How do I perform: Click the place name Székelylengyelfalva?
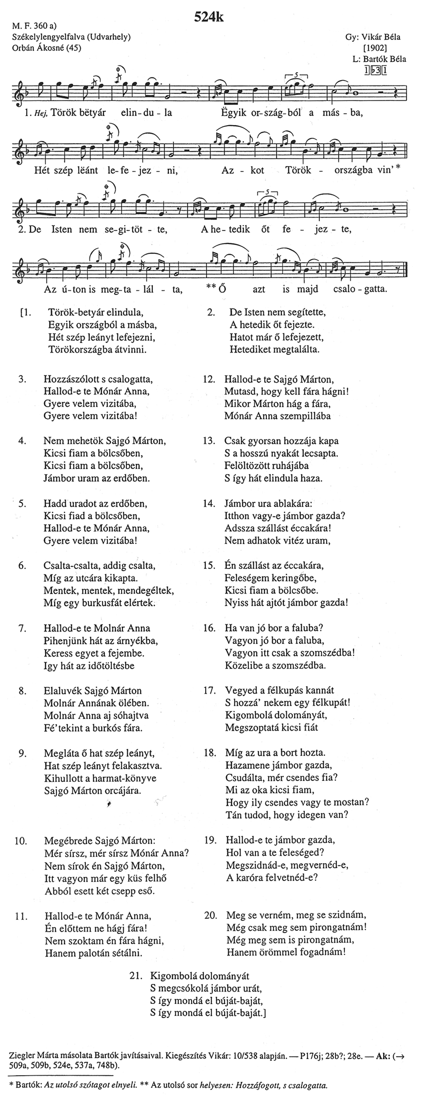(x=49, y=37)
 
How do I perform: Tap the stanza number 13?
(x=209, y=441)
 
